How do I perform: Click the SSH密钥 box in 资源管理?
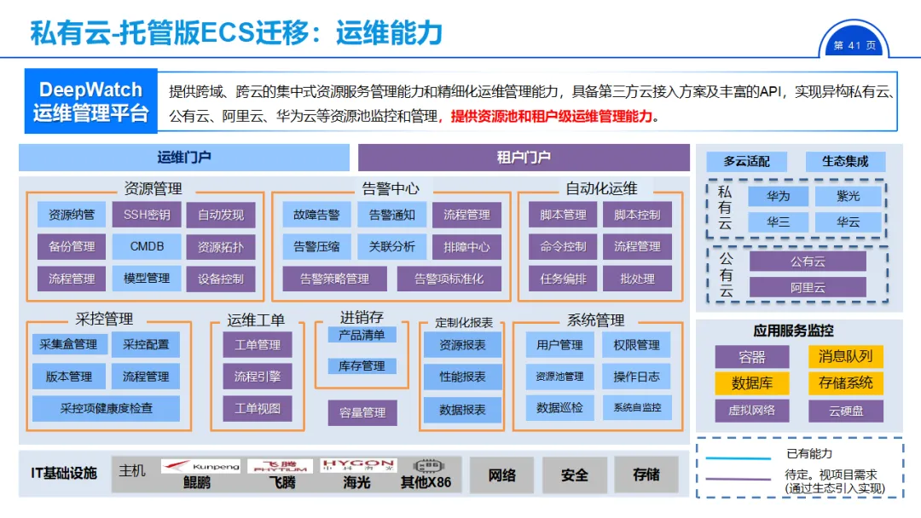click(147, 215)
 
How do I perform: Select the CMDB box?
click(147, 247)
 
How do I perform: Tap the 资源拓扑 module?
click(220, 247)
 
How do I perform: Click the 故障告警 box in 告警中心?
click(316, 215)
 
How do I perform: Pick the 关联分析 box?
click(391, 247)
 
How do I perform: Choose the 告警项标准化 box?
click(449, 279)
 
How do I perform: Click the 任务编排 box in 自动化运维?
click(563, 279)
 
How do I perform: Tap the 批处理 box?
click(637, 279)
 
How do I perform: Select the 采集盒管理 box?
click(68, 344)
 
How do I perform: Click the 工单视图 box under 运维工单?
click(257, 408)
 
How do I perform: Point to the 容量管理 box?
click(362, 413)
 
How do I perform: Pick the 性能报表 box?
click(462, 377)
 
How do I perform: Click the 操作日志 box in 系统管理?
click(636, 377)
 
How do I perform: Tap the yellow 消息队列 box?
click(845, 357)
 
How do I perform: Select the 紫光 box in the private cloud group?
click(848, 196)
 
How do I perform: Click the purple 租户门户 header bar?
click(524, 158)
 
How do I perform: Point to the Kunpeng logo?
click(201, 466)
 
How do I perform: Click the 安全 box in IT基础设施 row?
click(575, 475)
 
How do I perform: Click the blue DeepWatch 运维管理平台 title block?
click(91, 101)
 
